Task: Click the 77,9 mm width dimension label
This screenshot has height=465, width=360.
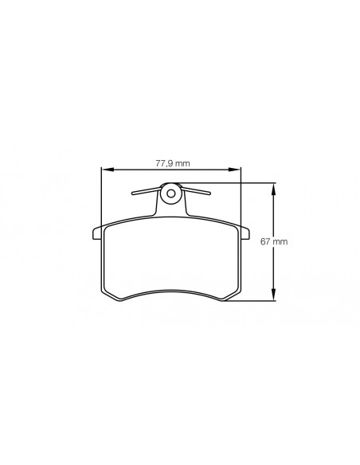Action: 173,163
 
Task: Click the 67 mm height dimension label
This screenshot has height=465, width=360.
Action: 274,241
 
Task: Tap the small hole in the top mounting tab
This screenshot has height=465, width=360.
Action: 170,193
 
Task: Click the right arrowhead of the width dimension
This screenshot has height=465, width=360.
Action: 234,170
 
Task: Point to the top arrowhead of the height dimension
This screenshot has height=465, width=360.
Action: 273,189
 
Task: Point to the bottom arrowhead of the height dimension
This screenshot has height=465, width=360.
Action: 273,295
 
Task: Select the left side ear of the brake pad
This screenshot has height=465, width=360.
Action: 97,233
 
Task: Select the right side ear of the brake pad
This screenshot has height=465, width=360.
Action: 245,233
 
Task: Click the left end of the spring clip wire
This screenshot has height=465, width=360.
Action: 133,194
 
